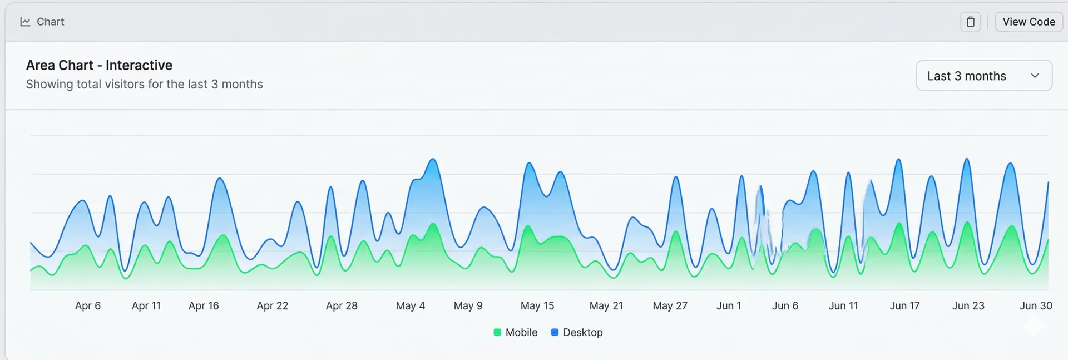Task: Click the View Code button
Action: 1028,22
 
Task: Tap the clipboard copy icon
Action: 970,22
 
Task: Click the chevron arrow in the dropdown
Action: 1035,76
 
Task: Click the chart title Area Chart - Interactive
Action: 99,65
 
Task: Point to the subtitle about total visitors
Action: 144,84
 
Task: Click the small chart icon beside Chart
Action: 25,22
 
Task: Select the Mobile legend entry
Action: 516,332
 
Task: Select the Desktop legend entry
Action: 577,332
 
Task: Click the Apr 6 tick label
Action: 88,305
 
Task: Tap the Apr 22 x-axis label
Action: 273,305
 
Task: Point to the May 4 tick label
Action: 411,305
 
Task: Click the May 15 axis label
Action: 537,305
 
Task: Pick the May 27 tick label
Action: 670,305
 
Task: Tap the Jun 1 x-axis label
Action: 729,305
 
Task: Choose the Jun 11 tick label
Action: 843,305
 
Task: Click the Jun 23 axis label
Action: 968,305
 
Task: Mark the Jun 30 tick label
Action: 1036,305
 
